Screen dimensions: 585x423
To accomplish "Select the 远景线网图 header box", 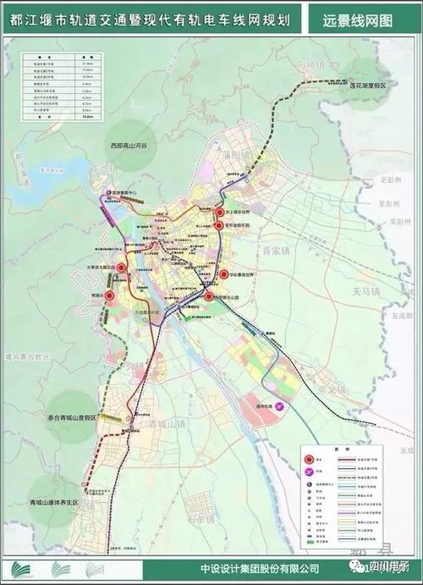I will [x=357, y=19].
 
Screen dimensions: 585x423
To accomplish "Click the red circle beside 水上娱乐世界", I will [x=219, y=213].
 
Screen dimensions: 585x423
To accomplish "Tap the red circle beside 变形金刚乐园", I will [x=219, y=226].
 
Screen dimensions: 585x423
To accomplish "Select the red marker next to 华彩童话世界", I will [x=224, y=274].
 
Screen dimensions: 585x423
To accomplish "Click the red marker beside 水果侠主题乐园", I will [x=122, y=268].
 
